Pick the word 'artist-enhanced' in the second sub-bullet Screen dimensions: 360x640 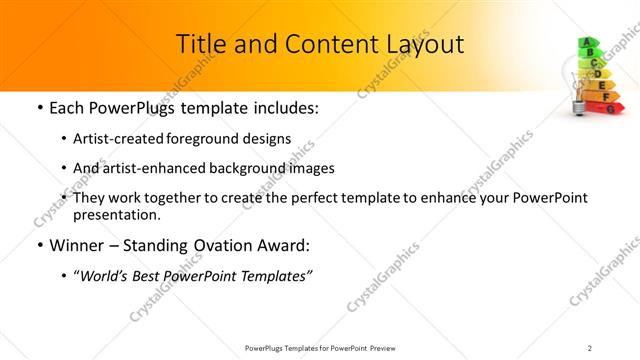click(152, 168)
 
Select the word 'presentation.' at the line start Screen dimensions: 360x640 click(116, 215)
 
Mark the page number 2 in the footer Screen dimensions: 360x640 click(590, 347)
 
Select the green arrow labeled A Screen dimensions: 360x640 click(588, 43)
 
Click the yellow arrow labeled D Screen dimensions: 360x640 click(597, 73)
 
